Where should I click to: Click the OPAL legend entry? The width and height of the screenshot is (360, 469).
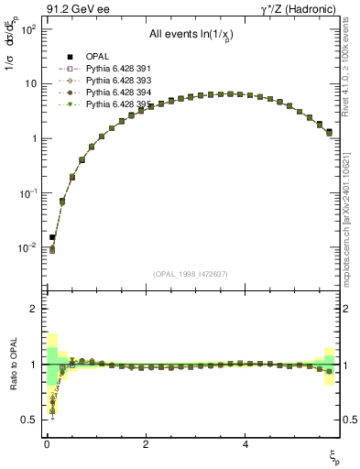(94, 58)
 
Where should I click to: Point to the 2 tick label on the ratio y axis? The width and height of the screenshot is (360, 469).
(33, 310)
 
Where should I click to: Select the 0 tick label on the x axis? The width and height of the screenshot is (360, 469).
(47, 443)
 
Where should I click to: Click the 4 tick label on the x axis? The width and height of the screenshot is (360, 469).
(245, 443)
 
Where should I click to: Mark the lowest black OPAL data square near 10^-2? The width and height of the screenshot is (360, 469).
(52, 237)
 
